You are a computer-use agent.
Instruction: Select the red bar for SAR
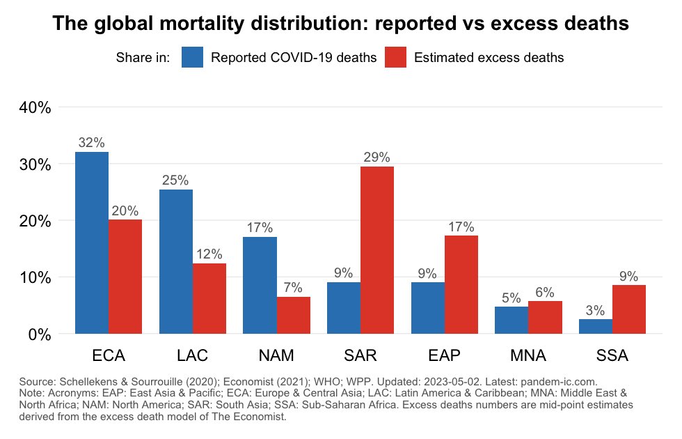pos(377,250)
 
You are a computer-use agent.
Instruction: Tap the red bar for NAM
pos(293,315)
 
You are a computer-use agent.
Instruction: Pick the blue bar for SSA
pos(596,326)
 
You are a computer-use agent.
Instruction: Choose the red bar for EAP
pos(461,284)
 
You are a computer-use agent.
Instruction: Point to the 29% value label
pos(377,157)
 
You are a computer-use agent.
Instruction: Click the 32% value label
pos(92,143)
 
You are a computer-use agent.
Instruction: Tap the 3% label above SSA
pos(595,311)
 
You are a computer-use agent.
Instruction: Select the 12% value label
pos(209,254)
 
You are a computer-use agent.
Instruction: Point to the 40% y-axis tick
pos(34,108)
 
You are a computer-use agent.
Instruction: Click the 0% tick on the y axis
pos(40,334)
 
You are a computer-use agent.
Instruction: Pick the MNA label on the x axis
pos(528,356)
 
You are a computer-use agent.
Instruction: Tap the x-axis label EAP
pos(444,356)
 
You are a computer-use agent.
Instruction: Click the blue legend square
pos(192,57)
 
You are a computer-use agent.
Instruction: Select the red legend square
pos(395,57)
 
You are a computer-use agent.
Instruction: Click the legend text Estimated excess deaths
pos(489,58)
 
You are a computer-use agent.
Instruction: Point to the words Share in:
pos(143,58)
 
